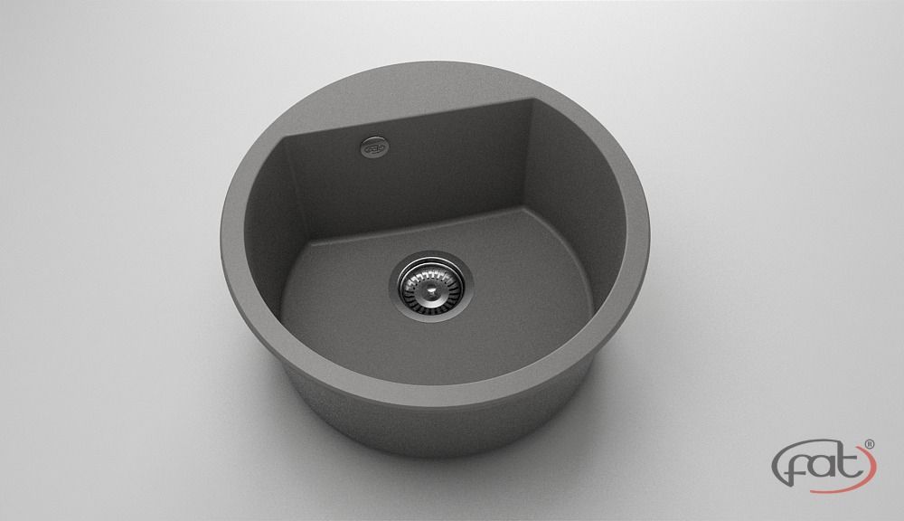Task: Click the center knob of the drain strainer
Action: (428, 284)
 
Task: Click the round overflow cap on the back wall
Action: (373, 147)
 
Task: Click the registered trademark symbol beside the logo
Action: (870, 444)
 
